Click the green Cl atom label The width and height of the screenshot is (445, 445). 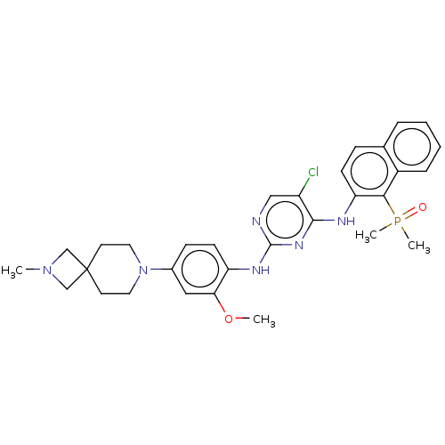(313, 172)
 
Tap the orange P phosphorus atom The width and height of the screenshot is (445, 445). (398, 221)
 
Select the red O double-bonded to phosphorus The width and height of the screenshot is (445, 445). (423, 207)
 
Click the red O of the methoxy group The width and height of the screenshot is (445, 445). (229, 320)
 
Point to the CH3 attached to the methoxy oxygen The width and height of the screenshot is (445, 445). (264, 320)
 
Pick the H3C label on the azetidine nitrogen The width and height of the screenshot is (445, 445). (12, 271)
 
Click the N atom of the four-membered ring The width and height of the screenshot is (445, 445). (47, 270)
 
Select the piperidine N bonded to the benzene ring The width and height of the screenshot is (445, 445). (143, 270)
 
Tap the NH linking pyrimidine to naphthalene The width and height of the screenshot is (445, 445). (346, 221)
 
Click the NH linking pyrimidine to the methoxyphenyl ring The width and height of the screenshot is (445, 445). (261, 270)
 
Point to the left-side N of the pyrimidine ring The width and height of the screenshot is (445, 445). (256, 221)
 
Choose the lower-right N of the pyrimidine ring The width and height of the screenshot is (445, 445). (299, 246)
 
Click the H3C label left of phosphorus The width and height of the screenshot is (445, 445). (366, 236)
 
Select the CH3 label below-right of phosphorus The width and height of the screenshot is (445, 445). (419, 247)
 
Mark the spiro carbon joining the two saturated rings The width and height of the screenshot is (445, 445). (86, 270)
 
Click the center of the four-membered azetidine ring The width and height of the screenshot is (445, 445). (67, 270)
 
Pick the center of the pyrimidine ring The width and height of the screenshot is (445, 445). (285, 220)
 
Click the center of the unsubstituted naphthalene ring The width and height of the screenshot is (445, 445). (412, 147)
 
